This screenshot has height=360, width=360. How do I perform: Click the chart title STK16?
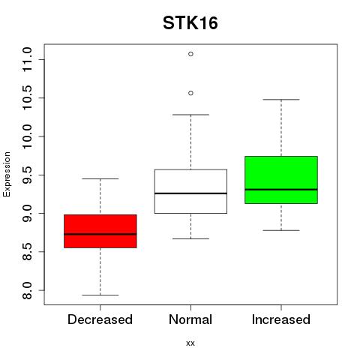190,23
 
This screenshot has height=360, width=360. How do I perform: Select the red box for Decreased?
100,231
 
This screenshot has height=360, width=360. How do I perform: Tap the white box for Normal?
190,191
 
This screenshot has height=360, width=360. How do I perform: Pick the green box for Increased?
281,180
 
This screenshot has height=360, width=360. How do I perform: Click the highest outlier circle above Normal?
190,54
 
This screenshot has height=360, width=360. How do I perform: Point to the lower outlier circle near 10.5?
190,93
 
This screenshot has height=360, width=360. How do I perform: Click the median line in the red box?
100,234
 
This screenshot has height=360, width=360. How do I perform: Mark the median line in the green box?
281,190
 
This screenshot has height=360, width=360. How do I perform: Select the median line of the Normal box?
190,193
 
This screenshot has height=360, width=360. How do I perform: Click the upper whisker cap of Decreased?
100,178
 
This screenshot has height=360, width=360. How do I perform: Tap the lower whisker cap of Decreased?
100,295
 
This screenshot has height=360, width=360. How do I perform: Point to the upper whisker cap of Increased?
281,100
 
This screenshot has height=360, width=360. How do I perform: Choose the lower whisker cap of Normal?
190,238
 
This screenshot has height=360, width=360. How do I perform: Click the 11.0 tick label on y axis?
27,59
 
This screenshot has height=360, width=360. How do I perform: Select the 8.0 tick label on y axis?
27,290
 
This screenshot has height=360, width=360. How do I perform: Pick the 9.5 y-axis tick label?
27,175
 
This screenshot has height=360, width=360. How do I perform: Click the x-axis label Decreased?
100,319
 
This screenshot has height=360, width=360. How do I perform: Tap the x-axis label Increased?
281,319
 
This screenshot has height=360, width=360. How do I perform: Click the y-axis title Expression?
7,174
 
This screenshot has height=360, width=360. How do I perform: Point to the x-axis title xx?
190,343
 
